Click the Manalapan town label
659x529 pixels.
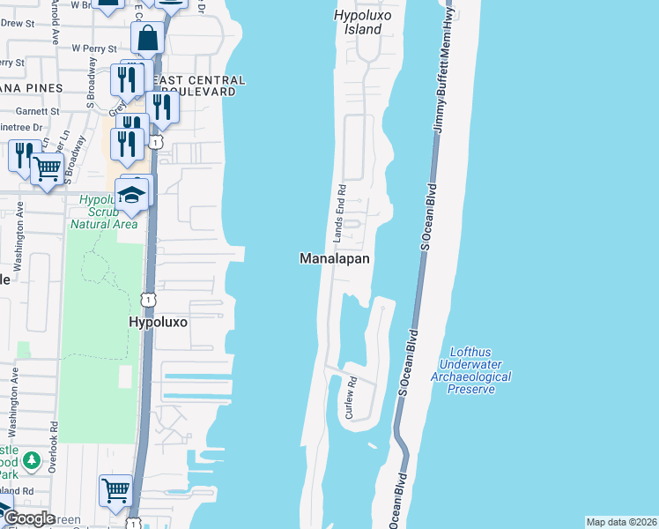334,259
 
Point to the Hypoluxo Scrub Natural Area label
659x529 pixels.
103,212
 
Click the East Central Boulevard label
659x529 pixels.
198,86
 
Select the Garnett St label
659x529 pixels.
37,112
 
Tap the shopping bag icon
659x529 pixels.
147,38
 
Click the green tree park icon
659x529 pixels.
32,460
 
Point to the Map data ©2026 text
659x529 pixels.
621,522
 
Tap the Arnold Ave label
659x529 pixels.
54,26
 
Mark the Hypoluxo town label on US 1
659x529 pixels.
159,323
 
